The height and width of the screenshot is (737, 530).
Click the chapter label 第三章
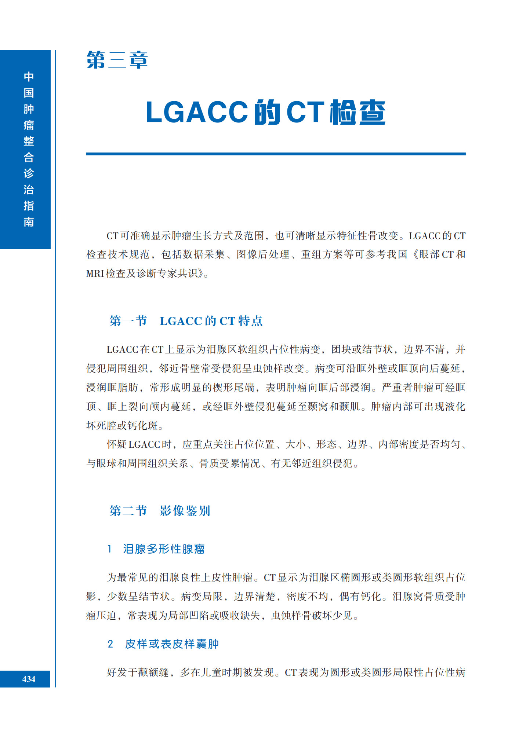point(117,60)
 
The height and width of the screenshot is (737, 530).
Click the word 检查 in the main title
point(357,112)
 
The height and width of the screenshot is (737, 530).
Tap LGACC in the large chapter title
point(197,112)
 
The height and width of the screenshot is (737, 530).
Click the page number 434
point(29,679)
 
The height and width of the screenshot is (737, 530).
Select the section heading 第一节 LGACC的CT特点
point(186,321)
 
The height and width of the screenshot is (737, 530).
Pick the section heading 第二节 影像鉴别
point(160,510)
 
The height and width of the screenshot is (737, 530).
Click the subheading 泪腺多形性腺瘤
point(164,549)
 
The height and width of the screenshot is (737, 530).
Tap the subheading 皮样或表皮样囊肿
point(172,644)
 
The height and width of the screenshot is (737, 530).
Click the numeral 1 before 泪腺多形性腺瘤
point(109,549)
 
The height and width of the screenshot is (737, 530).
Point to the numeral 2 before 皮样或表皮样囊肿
point(110,644)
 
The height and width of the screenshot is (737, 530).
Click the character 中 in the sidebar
point(29,77)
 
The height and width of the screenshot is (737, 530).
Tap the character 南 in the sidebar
point(29,222)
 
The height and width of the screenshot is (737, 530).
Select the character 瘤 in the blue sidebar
point(29,125)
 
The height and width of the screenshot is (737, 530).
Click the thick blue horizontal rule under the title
point(276,154)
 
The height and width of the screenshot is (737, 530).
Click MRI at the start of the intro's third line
point(95,274)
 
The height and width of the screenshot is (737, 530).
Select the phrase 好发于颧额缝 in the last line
point(138,672)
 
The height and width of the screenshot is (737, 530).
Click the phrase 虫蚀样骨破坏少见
point(312,615)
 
